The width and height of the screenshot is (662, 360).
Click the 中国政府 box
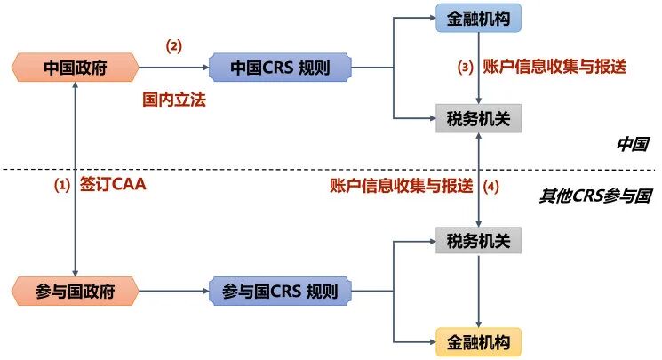[76, 67]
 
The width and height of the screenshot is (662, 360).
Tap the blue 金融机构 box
[479, 17]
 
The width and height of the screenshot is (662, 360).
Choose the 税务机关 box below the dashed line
[479, 240]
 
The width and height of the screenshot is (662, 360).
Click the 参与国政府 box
[76, 290]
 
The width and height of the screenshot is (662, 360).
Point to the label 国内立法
[174, 101]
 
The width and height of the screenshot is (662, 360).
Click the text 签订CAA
[112, 186]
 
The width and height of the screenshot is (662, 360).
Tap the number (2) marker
[174, 45]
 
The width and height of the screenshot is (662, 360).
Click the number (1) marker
[62, 186]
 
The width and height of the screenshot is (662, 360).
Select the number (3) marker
[464, 67]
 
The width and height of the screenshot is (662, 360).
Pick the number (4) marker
[491, 186]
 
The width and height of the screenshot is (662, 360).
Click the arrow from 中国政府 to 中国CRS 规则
[172, 67]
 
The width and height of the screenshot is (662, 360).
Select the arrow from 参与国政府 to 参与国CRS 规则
[172, 290]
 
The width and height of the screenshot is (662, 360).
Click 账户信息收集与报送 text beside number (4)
[400, 186]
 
